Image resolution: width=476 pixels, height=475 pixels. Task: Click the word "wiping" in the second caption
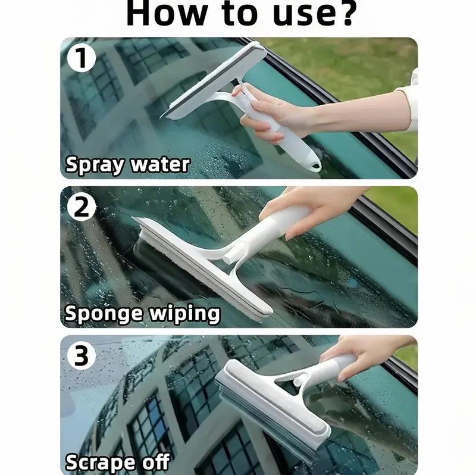[x=185, y=314]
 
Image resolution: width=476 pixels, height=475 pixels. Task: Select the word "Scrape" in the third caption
[x=99, y=462]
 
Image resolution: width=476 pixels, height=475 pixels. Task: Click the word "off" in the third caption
[x=154, y=462]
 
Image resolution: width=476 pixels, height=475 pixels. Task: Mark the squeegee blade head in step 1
[x=214, y=80]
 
